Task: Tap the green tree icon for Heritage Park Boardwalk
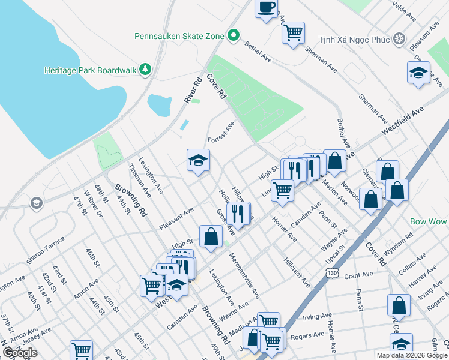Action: pos(145,70)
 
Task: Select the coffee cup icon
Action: pos(266,8)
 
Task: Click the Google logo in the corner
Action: pos(20,353)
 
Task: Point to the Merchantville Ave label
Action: pos(245,275)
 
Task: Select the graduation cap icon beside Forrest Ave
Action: pos(198,161)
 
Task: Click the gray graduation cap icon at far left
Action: pos(37,203)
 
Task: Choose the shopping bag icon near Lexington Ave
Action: pos(211,236)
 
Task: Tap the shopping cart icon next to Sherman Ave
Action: pos(292,33)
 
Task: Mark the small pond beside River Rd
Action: pos(160,106)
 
